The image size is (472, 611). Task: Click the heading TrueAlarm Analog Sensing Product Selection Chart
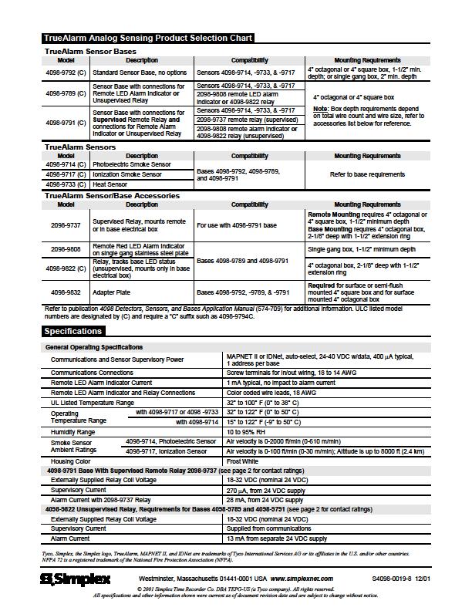[147, 39]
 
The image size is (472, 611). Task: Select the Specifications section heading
[73, 331]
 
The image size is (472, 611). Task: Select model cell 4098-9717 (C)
[66, 175]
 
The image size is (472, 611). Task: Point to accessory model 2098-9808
[66, 250]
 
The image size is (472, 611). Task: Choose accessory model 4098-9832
[66, 293]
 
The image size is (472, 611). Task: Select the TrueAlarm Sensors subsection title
[80, 147]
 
